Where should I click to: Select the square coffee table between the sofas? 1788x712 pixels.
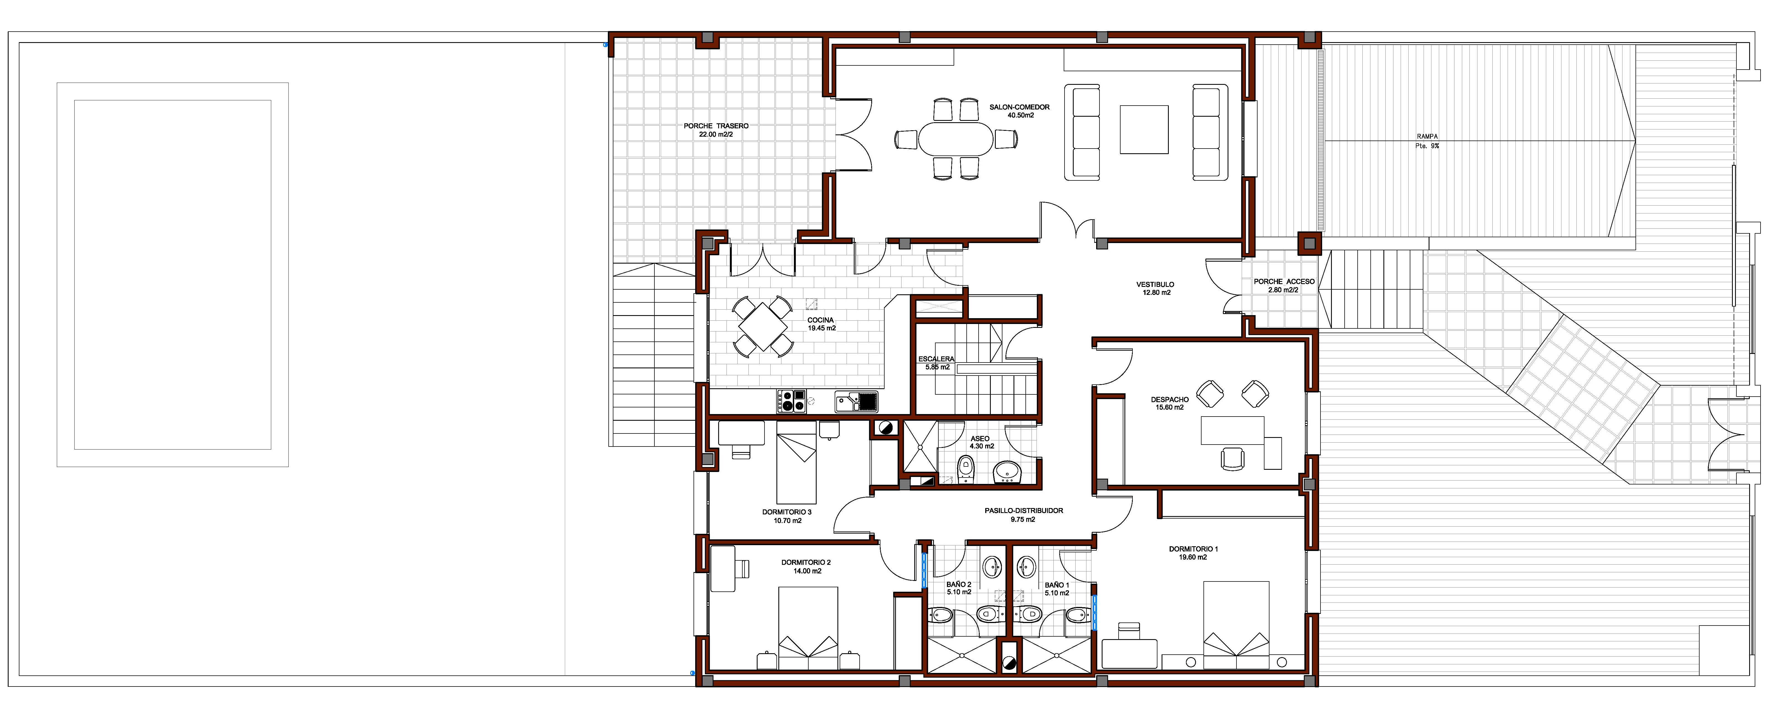point(1143,129)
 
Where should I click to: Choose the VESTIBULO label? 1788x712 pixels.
point(1155,285)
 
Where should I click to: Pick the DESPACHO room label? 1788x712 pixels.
point(1170,400)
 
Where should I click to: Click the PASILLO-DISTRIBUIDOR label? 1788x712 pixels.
point(1023,511)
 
